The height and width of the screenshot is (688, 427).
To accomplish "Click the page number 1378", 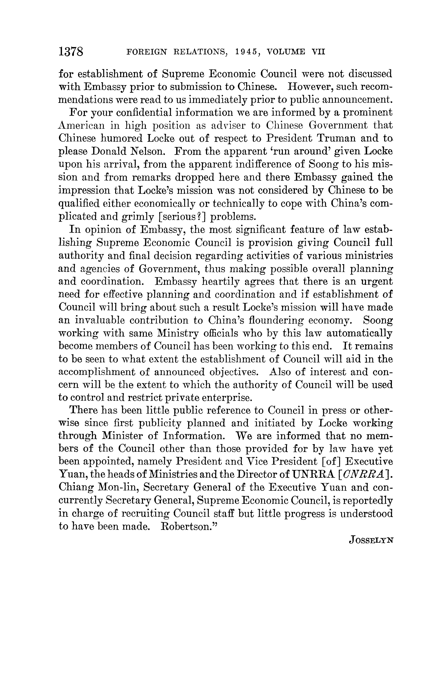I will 71,52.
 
